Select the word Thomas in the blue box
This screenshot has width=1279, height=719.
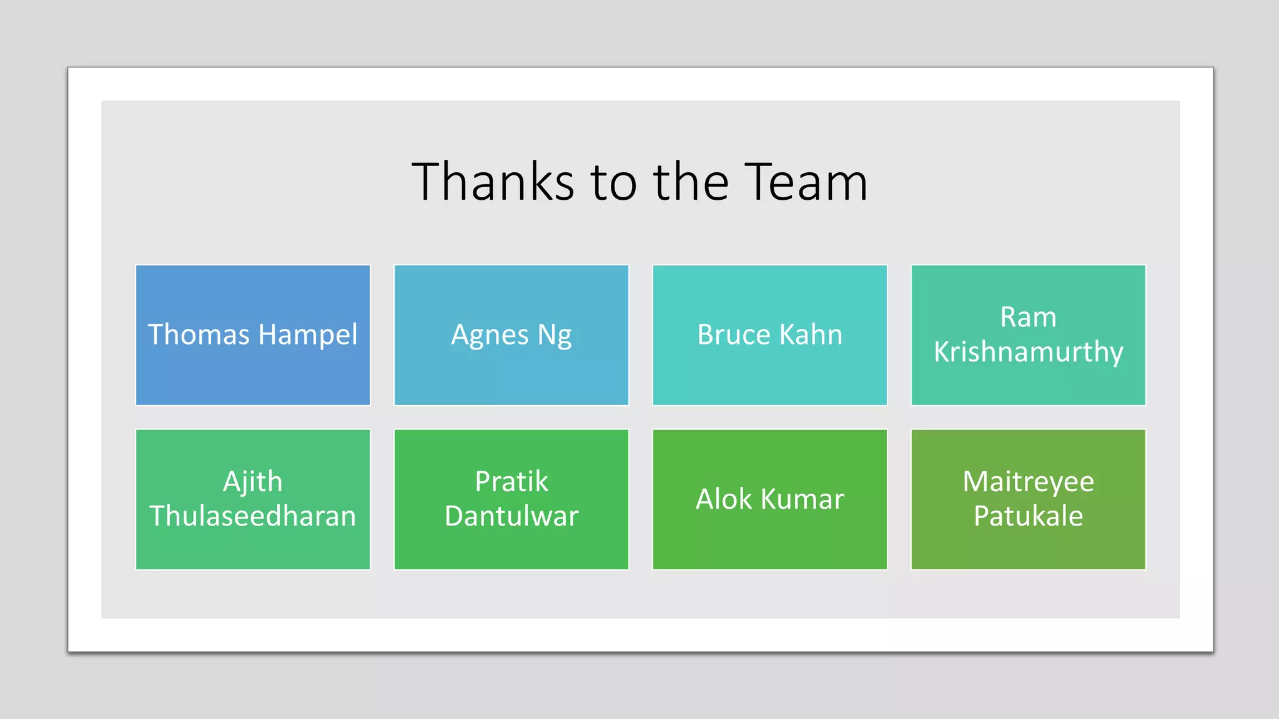tap(199, 335)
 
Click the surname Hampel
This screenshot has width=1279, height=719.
tap(308, 335)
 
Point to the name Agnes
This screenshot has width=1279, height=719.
tap(490, 335)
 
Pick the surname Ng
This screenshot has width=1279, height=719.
tap(555, 335)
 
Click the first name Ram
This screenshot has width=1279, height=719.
tap(1028, 317)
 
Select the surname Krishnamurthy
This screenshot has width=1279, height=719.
tap(1028, 352)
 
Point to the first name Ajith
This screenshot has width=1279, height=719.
tap(252, 482)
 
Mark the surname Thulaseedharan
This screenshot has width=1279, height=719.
tap(252, 516)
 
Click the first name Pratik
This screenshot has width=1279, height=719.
tap(511, 482)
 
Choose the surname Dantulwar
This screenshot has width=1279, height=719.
tap(511, 516)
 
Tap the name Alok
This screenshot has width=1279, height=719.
tap(724, 499)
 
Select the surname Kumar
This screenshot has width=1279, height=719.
tap(802, 499)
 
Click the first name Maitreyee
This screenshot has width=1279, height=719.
tap(1028, 482)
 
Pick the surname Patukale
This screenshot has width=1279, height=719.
tap(1028, 516)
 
